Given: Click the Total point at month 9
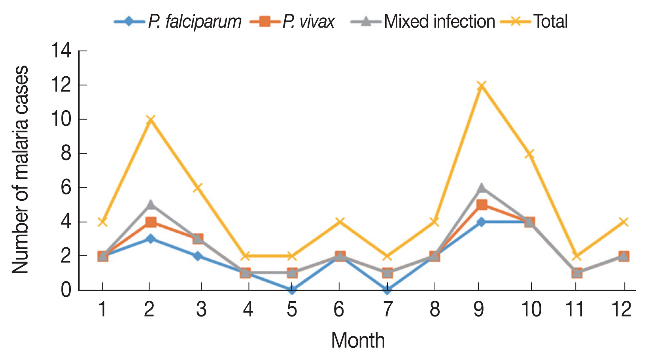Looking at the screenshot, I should pos(481,86).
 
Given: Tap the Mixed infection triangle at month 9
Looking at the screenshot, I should pos(481,188).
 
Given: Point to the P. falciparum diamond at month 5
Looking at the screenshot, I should pos(292,290).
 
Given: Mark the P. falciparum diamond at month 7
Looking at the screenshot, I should pos(387,290).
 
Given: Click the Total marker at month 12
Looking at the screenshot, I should pos(623,222).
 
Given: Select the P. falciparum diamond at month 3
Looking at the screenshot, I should pos(198,256).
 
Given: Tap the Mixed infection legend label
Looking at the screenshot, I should pos(439,21).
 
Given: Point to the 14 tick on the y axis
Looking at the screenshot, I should pos(61,51).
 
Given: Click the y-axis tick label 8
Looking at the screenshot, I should pos(66,153).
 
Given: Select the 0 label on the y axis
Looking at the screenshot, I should pos(66,290).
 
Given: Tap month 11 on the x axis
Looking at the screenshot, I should pos(574,309).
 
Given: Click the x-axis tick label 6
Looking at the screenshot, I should pos(339,309).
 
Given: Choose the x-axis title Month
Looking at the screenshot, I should pos(358,340).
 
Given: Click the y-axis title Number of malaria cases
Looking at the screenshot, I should pos(20,170).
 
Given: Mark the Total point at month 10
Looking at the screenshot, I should pos(530,154).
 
